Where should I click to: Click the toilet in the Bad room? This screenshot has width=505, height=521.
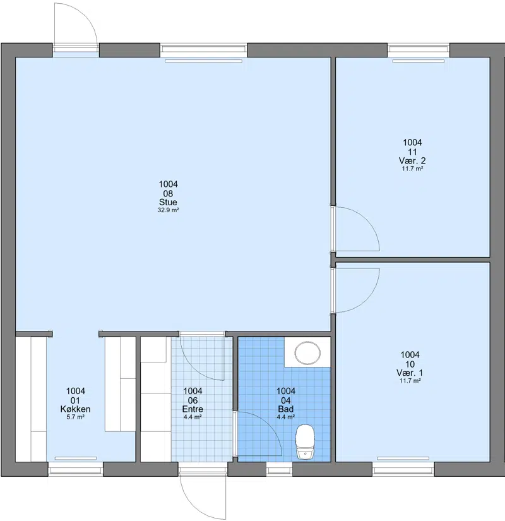pos(305,442)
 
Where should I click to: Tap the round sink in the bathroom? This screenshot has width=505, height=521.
pos(308,352)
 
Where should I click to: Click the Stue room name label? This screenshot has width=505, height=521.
pos(168,202)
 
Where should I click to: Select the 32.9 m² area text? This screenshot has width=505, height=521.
pos(168,210)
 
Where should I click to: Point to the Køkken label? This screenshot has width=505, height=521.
pos(75,409)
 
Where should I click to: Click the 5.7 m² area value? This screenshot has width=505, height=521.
pos(75,417)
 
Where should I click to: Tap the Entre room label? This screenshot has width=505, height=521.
pos(193,409)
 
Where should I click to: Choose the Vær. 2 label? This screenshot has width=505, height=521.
pos(412,161)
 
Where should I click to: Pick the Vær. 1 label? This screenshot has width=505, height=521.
pos(410,373)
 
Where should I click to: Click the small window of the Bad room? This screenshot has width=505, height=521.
pos(280,470)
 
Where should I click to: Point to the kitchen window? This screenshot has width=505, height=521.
pos(75,470)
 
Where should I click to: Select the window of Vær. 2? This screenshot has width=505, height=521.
pos(419,50)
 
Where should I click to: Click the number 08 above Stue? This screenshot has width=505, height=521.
pos(168,193)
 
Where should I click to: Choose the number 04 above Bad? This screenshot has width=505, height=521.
pos(286,400)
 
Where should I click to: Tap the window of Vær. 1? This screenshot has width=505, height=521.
pos(403,470)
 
